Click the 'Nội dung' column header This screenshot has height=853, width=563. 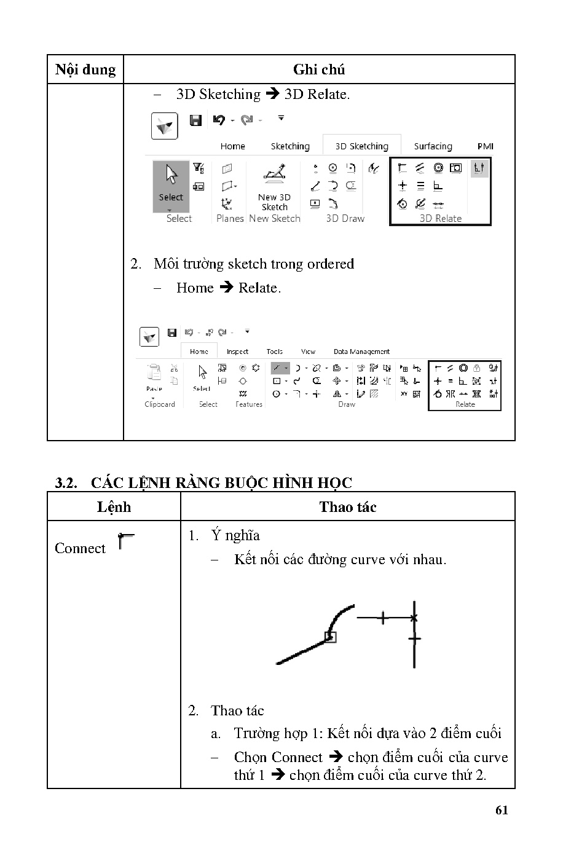pos(85,69)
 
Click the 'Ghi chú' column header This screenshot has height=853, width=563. pos(318,69)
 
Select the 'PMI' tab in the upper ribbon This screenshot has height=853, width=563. pos(485,146)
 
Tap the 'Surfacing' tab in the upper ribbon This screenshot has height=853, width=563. pos(433,146)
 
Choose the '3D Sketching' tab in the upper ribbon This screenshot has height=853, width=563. pos(361,146)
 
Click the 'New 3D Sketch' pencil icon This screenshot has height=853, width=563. pos(275,175)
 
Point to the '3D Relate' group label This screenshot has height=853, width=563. pos(440,218)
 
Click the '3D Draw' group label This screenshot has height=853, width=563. pos(345,218)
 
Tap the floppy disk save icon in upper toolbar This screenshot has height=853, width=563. pos(196,120)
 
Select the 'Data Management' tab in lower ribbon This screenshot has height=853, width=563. pos(361,352)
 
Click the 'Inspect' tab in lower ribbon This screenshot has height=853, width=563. pos(237,352)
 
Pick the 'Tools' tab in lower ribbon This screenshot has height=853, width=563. pos(275,352)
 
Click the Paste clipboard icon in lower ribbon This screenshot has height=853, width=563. pos(154,373)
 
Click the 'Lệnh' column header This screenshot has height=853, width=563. pos(114,507)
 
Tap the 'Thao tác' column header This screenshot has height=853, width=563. pos(347,507)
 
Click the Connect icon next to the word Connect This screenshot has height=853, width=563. pos(125,541)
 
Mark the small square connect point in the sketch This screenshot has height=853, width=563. pos(331,637)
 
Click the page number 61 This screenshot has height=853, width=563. pos(502,810)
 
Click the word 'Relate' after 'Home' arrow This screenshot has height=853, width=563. pos(258,288)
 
